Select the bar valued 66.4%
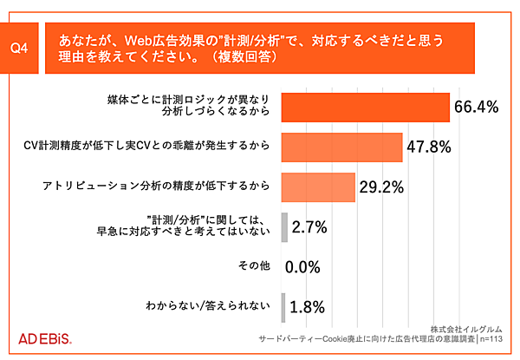click(x=365, y=107)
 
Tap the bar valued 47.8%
click(x=342, y=147)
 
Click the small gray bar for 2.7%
click(x=284, y=226)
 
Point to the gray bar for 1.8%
click(x=284, y=305)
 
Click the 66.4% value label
click(x=477, y=107)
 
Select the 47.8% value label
click(x=429, y=147)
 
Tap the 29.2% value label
click(x=382, y=187)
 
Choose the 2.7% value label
click(x=309, y=227)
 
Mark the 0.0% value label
click(x=303, y=266)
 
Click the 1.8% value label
click(x=308, y=306)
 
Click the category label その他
click(x=256, y=265)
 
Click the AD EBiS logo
click(x=45, y=337)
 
